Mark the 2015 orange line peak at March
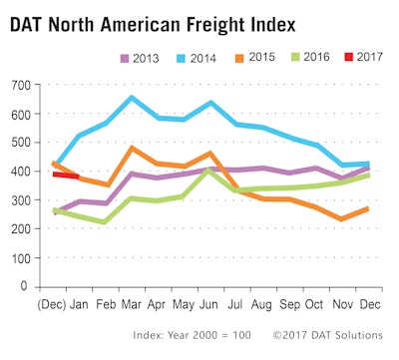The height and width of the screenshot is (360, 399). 132,149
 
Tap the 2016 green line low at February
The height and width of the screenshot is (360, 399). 105,222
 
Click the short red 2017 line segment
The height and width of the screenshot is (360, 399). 66,175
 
